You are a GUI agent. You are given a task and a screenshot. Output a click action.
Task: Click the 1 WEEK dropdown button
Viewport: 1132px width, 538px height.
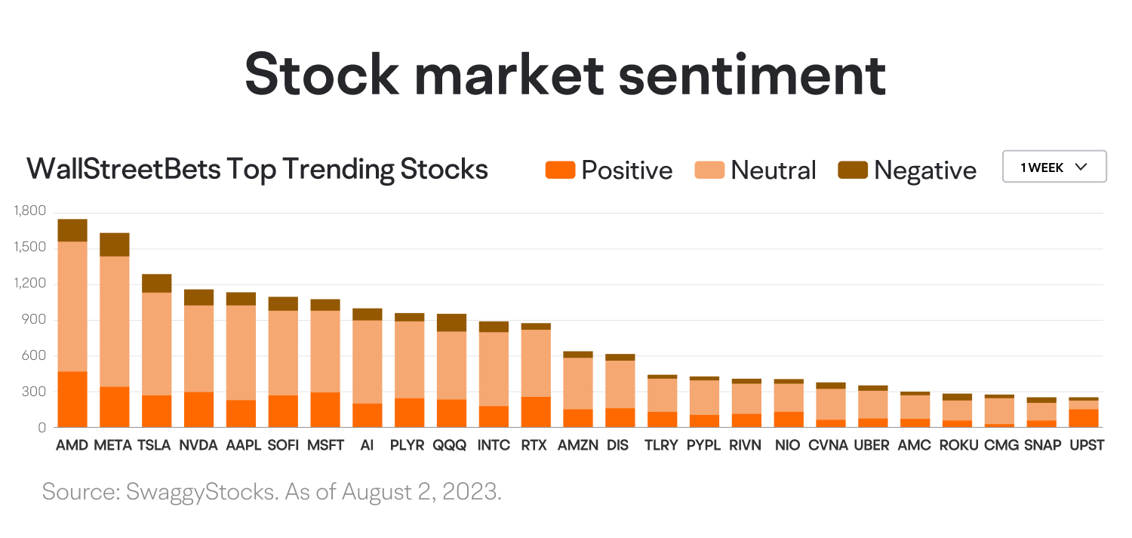point(1054,167)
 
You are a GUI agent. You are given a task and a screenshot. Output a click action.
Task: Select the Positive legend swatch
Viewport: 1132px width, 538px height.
point(560,170)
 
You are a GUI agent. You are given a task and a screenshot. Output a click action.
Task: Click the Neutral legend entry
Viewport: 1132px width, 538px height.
point(755,170)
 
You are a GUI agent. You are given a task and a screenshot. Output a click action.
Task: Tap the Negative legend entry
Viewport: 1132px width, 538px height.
point(907,170)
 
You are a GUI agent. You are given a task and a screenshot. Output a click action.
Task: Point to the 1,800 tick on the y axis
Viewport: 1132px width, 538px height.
point(29,211)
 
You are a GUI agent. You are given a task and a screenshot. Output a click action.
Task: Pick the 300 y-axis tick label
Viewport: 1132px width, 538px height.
point(35,392)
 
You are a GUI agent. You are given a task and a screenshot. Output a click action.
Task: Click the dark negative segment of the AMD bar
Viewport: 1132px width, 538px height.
point(72,230)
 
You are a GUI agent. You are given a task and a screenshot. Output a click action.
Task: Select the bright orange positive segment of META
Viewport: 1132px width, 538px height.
point(115,407)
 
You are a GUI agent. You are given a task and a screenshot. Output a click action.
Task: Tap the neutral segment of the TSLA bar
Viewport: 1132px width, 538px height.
point(157,343)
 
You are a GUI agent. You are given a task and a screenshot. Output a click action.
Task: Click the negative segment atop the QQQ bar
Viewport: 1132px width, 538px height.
point(451,322)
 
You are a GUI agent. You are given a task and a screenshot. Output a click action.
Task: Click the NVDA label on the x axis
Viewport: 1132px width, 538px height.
point(198,445)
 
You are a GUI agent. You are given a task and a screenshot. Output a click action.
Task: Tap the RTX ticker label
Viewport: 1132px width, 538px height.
point(536,445)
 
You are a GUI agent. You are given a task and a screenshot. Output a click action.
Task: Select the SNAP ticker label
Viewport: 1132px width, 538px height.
point(1041,445)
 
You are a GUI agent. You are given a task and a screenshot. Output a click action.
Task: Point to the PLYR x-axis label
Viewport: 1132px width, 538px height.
point(408,445)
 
